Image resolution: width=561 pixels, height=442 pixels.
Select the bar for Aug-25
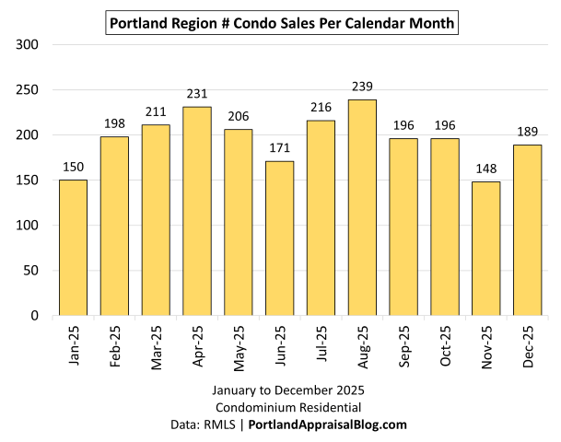pyautogui.click(x=362, y=207)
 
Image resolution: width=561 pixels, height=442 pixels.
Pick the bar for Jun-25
pyautogui.click(x=280, y=238)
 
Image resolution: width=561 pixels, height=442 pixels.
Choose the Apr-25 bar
pyautogui.click(x=197, y=211)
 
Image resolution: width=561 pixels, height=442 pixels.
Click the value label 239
pyautogui.click(x=362, y=87)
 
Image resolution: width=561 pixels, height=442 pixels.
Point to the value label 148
pyautogui.click(x=486, y=169)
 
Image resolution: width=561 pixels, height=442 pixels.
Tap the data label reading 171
pyautogui.click(x=280, y=148)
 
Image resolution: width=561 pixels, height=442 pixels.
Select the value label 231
pyautogui.click(x=197, y=94)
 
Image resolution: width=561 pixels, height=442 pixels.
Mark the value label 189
pyautogui.click(x=528, y=132)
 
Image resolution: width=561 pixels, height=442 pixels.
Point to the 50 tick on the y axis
pyautogui.click(x=32, y=271)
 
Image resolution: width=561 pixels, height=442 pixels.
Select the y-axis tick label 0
pyautogui.click(x=36, y=316)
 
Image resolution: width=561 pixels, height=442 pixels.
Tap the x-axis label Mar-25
pyautogui.click(x=156, y=349)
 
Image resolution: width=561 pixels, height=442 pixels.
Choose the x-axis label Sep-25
pyautogui.click(x=403, y=349)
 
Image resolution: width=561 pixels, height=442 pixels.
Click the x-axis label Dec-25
pyautogui.click(x=528, y=349)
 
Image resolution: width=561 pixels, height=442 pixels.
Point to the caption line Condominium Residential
pyautogui.click(x=280, y=407)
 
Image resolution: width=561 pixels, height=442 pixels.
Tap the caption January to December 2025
pyautogui.click(x=280, y=390)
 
